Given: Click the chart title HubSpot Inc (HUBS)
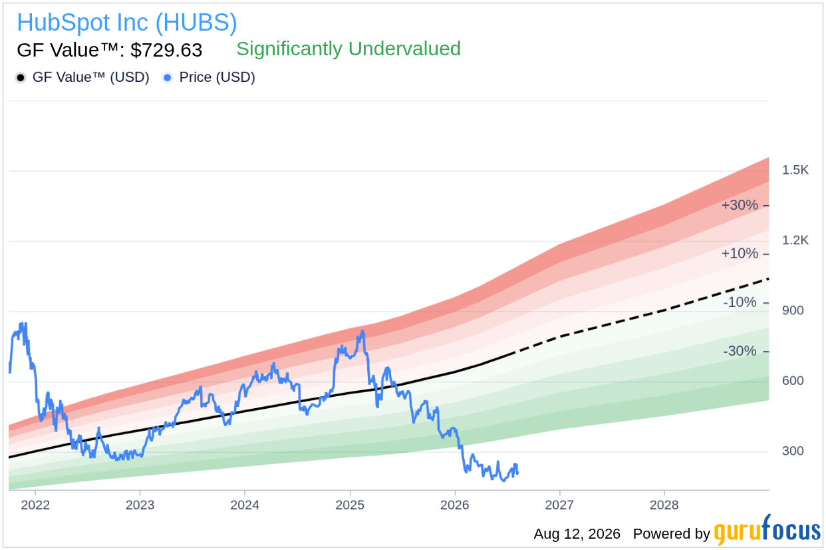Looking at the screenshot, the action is (x=127, y=23).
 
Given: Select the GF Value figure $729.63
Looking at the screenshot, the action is (x=166, y=50).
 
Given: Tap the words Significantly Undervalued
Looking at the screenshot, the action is (x=348, y=49).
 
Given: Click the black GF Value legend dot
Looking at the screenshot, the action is (x=21, y=78).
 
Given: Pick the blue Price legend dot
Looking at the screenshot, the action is (x=168, y=78).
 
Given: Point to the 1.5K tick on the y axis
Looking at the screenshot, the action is (x=795, y=170).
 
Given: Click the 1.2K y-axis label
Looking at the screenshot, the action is (x=795, y=240).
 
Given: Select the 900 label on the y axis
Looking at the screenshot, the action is (x=793, y=310).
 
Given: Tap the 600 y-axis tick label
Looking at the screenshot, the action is (x=793, y=381).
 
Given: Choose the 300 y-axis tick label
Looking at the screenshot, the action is (x=793, y=451).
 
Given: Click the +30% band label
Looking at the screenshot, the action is (x=740, y=205).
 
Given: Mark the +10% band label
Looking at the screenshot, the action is (x=740, y=254).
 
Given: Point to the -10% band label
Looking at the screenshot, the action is (x=740, y=302).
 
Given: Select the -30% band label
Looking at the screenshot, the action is (x=740, y=351).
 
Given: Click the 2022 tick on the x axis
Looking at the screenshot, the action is (x=35, y=505).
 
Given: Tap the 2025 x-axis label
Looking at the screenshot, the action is (x=350, y=505).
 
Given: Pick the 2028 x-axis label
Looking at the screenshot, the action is (x=664, y=505).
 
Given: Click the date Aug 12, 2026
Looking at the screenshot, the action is (x=577, y=534).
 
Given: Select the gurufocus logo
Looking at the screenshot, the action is (x=767, y=530).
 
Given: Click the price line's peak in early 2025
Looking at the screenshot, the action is (x=363, y=331).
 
